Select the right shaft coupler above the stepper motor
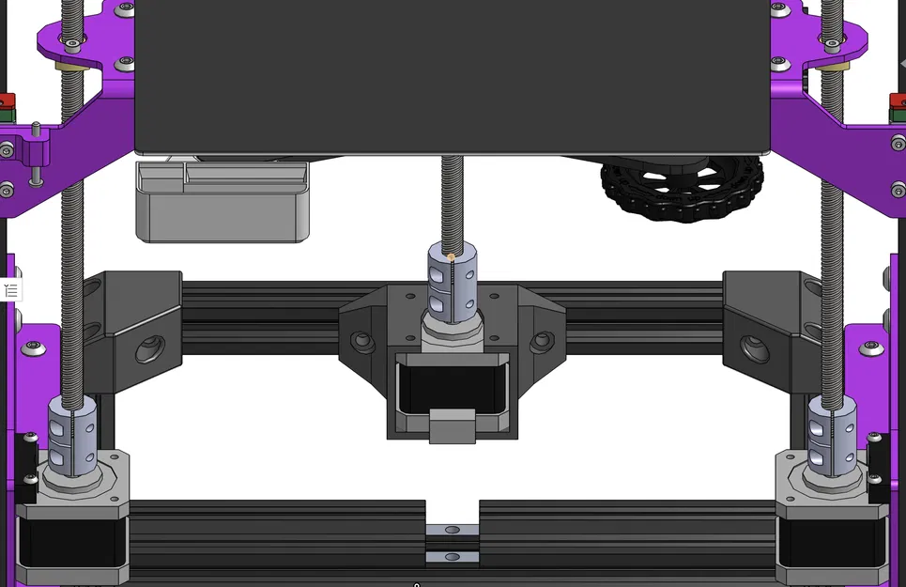(x=831, y=435)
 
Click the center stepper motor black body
(x=452, y=385)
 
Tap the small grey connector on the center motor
(x=453, y=426)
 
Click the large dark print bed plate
(x=452, y=75)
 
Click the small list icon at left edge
(x=10, y=290)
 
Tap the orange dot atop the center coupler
(x=452, y=256)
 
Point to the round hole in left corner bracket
(x=149, y=351)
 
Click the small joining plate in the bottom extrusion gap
(x=453, y=544)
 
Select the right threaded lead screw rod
(x=832, y=235)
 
